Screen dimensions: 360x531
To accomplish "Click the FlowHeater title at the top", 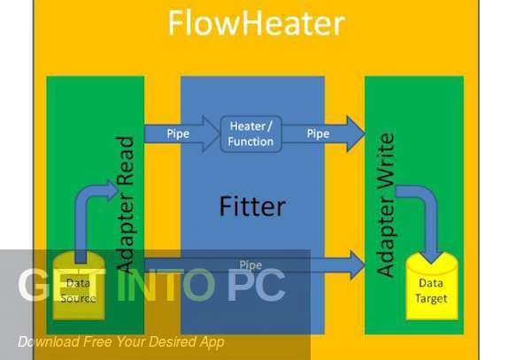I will tap(256, 23).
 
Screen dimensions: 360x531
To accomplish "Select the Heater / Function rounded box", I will tap(250, 133).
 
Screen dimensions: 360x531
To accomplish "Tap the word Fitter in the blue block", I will tap(252, 207).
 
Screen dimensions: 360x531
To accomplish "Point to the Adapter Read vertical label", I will tap(126, 203).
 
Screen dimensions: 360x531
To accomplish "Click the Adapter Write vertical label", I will tap(385, 205).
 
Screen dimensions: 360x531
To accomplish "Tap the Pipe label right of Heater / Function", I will tap(318, 134).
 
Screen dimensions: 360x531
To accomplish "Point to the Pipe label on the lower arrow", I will tap(250, 264).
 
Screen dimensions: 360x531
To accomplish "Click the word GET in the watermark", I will tap(58, 286).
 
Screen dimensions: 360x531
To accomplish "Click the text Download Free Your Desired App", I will tap(120, 341).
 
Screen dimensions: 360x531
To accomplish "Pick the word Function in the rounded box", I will tap(250, 141).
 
